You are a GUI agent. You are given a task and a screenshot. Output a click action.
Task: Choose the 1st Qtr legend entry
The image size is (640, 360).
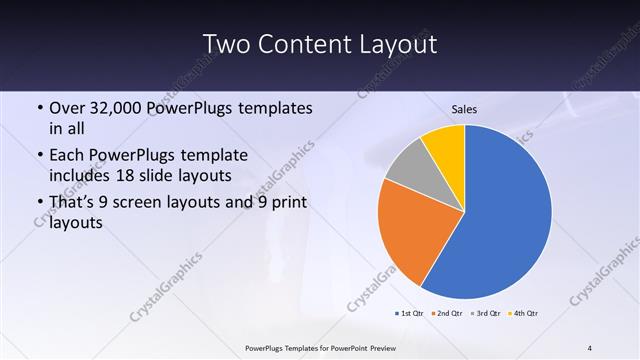tap(409, 314)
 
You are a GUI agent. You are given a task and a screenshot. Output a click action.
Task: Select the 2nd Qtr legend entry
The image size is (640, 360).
tap(446, 314)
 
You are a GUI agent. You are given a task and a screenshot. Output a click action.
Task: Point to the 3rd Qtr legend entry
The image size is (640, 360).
tap(485, 314)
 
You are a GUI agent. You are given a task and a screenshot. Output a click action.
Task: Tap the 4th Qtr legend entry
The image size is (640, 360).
tap(524, 314)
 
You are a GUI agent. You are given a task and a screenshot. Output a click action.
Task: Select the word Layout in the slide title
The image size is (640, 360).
tap(400, 45)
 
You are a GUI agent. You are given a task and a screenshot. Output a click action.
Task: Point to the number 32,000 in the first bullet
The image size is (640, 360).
tap(118, 108)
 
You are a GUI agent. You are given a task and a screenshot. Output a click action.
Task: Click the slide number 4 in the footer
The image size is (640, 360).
tap(589, 348)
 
